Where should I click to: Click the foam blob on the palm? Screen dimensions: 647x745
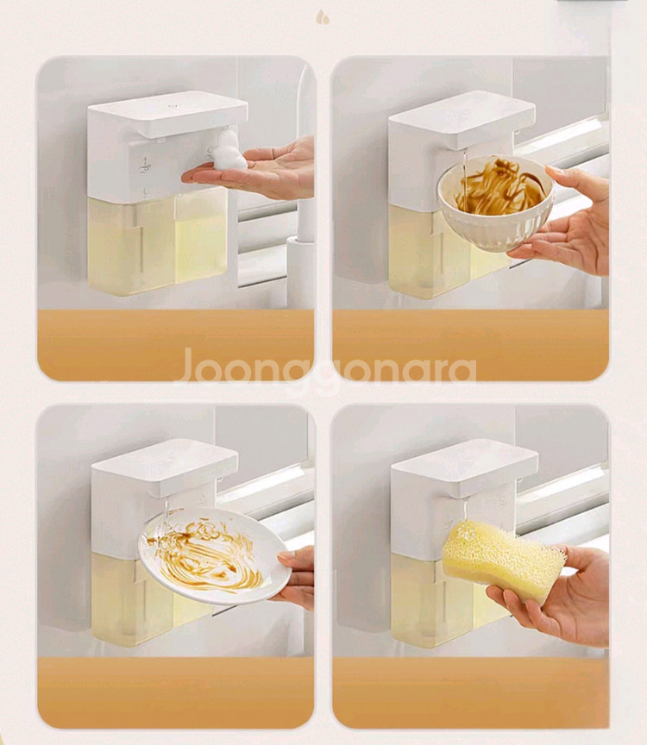[229, 150]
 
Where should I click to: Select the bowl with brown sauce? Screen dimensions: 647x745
[496, 202]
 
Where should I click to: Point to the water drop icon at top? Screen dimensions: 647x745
[323, 17]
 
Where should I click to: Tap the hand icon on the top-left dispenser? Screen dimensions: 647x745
[145, 165]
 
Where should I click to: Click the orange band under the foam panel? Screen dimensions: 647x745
[175, 344]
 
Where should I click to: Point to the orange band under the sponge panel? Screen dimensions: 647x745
[471, 692]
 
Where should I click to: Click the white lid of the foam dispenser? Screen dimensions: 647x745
[167, 114]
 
